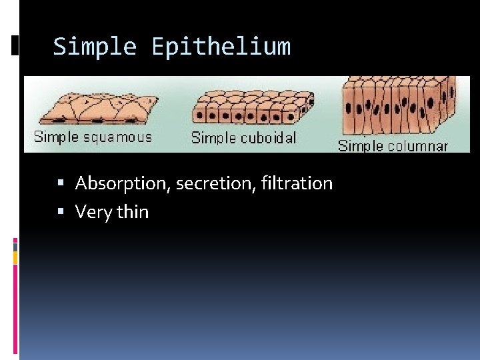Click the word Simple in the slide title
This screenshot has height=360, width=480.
pyautogui.click(x=95, y=47)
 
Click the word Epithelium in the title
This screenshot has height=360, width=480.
pyautogui.click(x=221, y=47)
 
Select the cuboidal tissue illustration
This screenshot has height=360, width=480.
pyautogui.click(x=253, y=108)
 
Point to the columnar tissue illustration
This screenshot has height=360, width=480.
pyautogui.click(x=399, y=107)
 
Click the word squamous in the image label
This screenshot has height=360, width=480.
pyautogui.click(x=117, y=137)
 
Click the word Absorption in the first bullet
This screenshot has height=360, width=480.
pyautogui.click(x=123, y=183)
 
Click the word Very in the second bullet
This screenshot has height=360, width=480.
pyautogui.click(x=93, y=212)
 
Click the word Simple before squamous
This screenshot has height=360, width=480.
pyautogui.click(x=56, y=137)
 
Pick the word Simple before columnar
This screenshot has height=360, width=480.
pyautogui.click(x=361, y=145)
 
